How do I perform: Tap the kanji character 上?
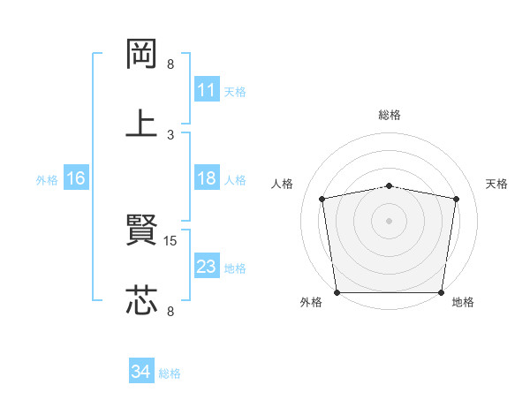pyautogui.click(x=141, y=123)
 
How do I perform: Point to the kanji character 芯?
pyautogui.click(x=141, y=299)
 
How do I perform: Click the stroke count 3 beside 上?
pyautogui.click(x=170, y=134)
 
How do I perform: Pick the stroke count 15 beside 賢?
pyautogui.click(x=172, y=240)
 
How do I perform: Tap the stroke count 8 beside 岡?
pyautogui.click(x=170, y=64)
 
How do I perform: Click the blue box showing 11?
pyautogui.click(x=206, y=90)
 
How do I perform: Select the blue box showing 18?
pyautogui.click(x=206, y=178)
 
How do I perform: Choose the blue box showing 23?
pyautogui.click(x=206, y=267)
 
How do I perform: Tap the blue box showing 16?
pyautogui.click(x=75, y=178)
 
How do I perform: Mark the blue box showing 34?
pyautogui.click(x=140, y=373)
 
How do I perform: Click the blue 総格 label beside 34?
pyautogui.click(x=170, y=373)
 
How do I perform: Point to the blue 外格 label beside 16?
pyautogui.click(x=47, y=179)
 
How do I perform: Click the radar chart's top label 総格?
pyautogui.click(x=390, y=115)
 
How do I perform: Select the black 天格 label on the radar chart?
pyautogui.click(x=497, y=184)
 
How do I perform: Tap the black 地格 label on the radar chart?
pyautogui.click(x=463, y=303)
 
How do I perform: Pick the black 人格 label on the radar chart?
pyautogui.click(x=282, y=184)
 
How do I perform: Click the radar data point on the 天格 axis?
pyautogui.click(x=456, y=199)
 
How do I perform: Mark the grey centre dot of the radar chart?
pyautogui.click(x=390, y=221)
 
